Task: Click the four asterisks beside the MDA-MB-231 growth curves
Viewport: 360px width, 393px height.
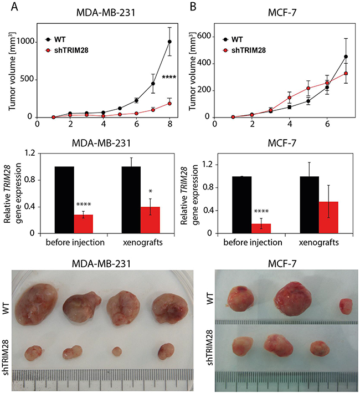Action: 169,78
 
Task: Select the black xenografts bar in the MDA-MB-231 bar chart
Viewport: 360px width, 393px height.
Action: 131,200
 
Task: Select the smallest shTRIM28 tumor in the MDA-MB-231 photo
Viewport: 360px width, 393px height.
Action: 116,351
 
